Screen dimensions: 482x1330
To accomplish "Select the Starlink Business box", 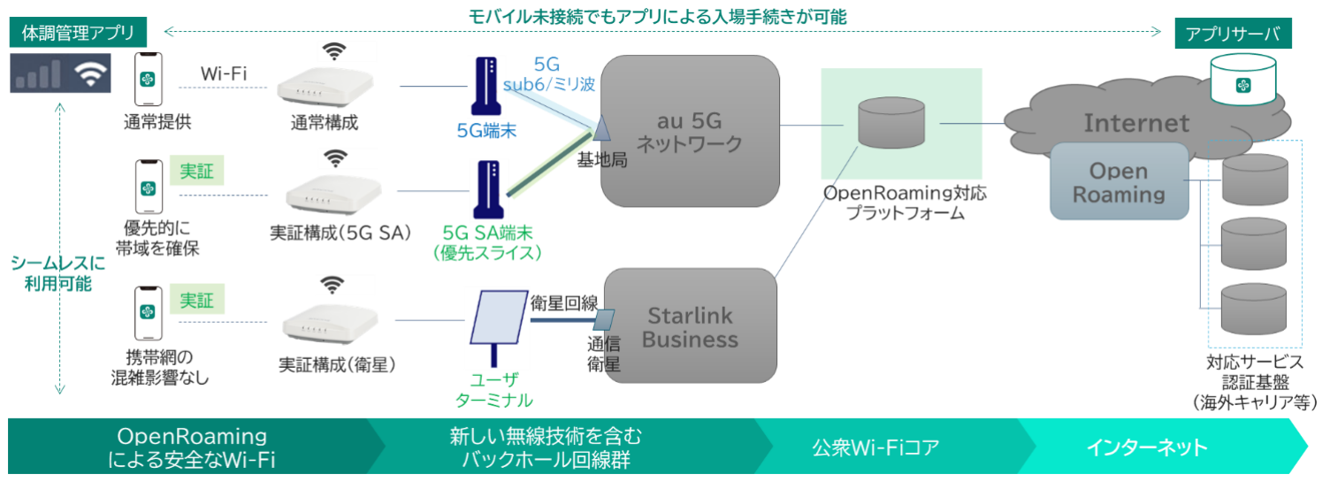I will pyautogui.click(x=690, y=327).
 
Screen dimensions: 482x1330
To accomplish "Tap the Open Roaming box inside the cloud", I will pyautogui.click(x=1119, y=181).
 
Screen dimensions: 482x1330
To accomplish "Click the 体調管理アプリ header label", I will pyautogui.click(x=77, y=34).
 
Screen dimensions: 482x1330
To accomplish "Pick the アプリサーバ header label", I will pyautogui.click(x=1232, y=34).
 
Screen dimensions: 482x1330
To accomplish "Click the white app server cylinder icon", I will pyautogui.click(x=1244, y=80).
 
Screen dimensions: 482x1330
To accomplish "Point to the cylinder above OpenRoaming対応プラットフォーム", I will pyautogui.click(x=891, y=124).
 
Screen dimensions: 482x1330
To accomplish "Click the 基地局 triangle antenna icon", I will pyautogui.click(x=600, y=130).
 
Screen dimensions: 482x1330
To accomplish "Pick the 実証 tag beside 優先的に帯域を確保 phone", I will pyautogui.click(x=196, y=170).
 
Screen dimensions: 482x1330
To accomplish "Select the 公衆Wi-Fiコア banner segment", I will pyautogui.click(x=875, y=447).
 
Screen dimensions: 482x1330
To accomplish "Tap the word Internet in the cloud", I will pyautogui.click(x=1136, y=122).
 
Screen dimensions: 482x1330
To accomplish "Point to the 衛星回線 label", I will pyautogui.click(x=562, y=302).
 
